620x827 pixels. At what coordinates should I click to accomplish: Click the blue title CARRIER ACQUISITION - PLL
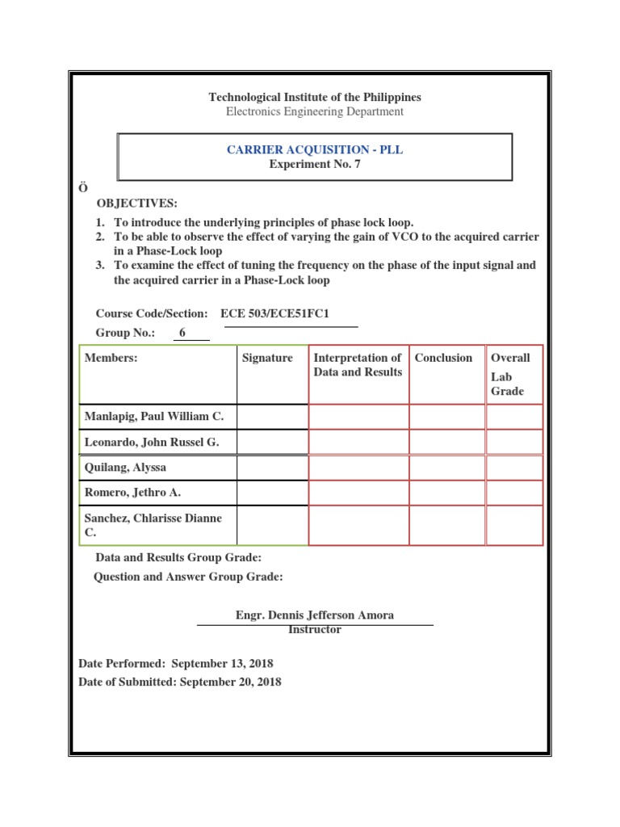(x=315, y=150)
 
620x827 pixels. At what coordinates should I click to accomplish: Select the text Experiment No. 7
(x=315, y=164)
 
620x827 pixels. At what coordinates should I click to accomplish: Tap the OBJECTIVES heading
(x=137, y=203)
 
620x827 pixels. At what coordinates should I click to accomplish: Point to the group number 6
(x=182, y=333)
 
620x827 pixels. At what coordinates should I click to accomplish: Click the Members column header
(x=111, y=358)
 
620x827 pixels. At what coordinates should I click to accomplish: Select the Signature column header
(x=267, y=358)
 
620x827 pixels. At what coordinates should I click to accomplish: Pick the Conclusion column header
(x=443, y=358)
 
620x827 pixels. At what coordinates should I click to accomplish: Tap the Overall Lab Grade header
(x=510, y=375)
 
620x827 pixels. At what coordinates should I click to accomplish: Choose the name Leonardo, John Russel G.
(x=152, y=442)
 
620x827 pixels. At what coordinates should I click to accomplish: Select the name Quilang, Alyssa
(x=125, y=467)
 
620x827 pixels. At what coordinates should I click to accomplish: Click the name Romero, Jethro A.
(x=129, y=492)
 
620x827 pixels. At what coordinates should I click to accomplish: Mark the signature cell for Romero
(x=272, y=492)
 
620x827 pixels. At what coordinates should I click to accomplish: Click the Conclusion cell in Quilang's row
(x=447, y=467)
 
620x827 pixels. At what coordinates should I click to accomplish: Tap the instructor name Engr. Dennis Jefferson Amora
(x=315, y=615)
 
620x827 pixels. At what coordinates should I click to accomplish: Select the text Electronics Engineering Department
(x=315, y=111)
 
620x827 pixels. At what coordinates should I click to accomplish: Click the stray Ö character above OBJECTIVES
(x=82, y=187)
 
